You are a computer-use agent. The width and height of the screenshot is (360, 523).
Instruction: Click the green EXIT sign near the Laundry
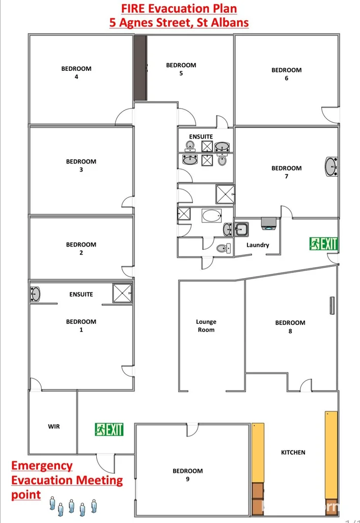pyautogui.click(x=323, y=244)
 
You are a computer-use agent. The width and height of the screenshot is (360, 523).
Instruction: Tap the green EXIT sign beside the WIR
pyautogui.click(x=109, y=429)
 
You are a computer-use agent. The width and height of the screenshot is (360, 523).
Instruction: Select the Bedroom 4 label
pyautogui.click(x=76, y=73)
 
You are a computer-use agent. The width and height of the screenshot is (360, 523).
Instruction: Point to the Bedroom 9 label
pyautogui.click(x=187, y=475)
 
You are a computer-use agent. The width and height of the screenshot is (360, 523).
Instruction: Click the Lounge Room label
pyautogui.click(x=206, y=326)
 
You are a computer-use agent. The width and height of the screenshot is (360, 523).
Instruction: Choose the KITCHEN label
pyautogui.click(x=293, y=452)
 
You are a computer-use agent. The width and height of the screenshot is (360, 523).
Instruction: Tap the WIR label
pyautogui.click(x=53, y=426)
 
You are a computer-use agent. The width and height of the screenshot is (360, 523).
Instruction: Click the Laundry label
pyautogui.click(x=258, y=245)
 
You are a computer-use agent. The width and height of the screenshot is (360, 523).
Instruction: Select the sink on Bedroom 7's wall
pyautogui.click(x=331, y=167)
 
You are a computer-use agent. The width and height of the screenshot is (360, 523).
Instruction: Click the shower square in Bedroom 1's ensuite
pyautogui.click(x=122, y=293)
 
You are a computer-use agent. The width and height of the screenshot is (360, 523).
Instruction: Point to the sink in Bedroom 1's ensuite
pyautogui.click(x=35, y=294)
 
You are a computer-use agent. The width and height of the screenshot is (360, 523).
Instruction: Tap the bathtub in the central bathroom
pyautogui.click(x=211, y=215)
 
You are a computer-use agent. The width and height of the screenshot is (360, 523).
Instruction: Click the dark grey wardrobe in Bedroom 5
pyautogui.click(x=140, y=68)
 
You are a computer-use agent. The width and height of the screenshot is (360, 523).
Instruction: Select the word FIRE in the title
pyautogui.click(x=133, y=8)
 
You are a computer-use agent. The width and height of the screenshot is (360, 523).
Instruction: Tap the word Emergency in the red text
pyautogui.click(x=42, y=465)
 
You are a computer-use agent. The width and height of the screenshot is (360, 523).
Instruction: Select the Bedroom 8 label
pyautogui.click(x=290, y=327)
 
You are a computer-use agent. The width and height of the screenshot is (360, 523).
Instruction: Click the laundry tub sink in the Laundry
pyautogui.click(x=241, y=229)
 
